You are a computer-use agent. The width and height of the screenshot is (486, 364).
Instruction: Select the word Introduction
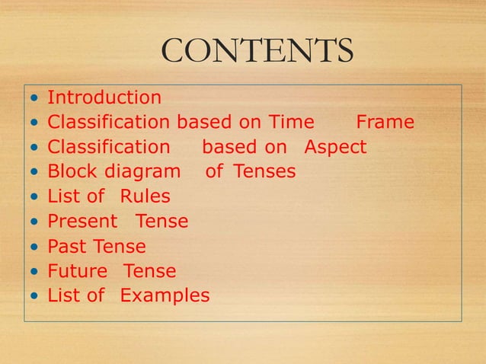(x=104, y=97)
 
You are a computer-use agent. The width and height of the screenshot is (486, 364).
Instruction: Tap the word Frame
(x=385, y=122)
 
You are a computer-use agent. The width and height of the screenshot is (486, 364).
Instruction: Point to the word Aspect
(x=335, y=147)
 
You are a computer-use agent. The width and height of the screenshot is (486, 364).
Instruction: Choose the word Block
(x=73, y=172)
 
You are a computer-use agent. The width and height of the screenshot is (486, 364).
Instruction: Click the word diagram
(x=142, y=172)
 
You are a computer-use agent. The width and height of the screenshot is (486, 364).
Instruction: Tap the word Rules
(x=145, y=196)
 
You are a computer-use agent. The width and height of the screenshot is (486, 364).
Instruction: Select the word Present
(x=82, y=222)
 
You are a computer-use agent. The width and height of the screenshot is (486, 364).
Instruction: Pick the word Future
(x=77, y=271)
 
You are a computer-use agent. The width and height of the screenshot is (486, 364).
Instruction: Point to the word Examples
(x=165, y=295)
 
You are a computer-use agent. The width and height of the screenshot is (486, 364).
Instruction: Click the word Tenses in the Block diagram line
(x=264, y=172)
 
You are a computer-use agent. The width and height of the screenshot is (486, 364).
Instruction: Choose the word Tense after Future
(x=149, y=271)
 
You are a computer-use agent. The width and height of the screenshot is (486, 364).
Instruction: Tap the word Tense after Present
(x=161, y=222)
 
